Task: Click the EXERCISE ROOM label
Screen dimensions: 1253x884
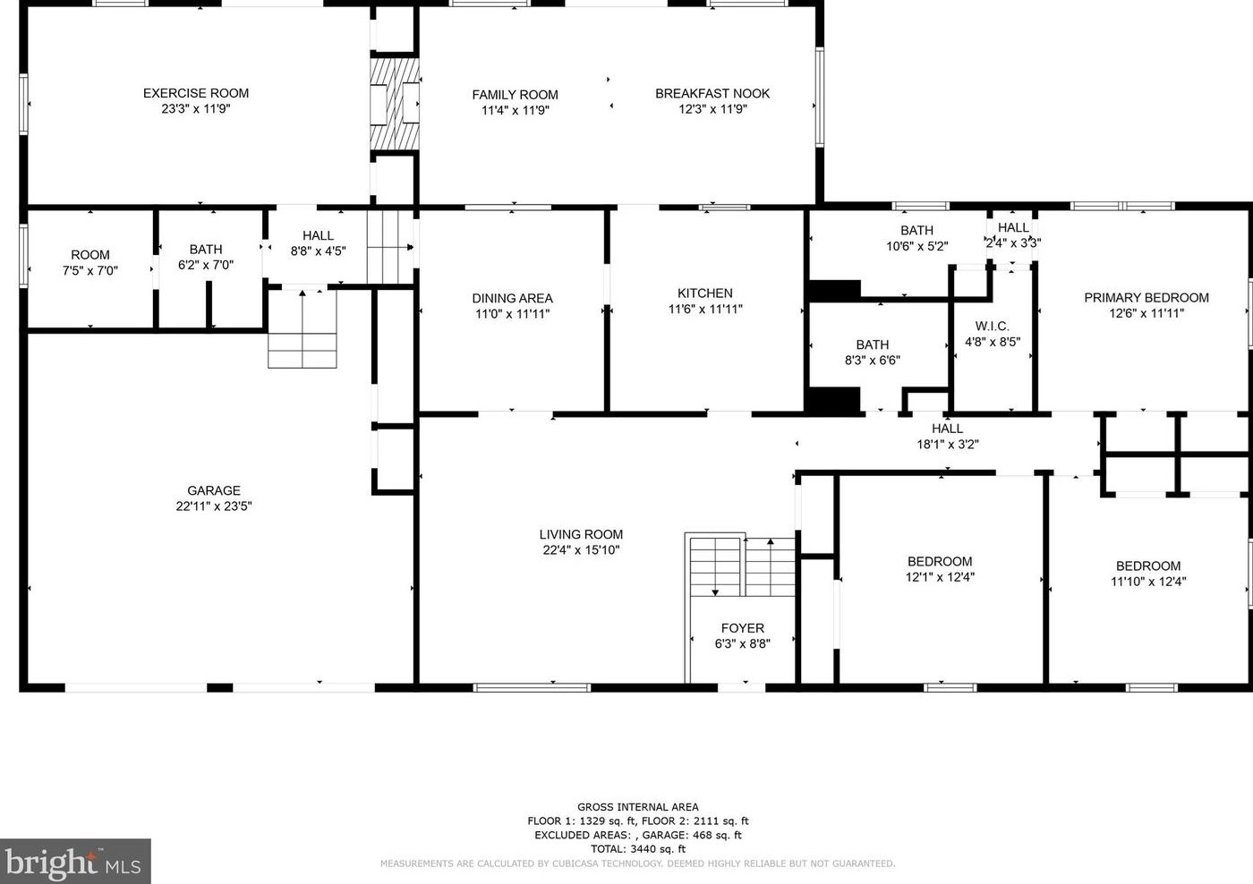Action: point(196,93)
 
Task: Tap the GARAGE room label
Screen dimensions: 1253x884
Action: point(214,490)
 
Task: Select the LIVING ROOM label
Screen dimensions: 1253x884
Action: point(581,534)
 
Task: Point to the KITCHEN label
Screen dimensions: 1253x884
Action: point(705,293)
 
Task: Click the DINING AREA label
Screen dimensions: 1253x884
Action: point(512,298)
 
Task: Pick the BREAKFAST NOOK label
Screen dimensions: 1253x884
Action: point(712,93)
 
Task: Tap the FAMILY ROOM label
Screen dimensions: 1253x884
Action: point(515,95)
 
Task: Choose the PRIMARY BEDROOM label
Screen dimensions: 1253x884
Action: point(1146,297)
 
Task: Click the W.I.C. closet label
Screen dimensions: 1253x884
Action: point(992,326)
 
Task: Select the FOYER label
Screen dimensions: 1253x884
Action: point(742,628)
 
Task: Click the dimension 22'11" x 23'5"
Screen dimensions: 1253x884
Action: point(214,506)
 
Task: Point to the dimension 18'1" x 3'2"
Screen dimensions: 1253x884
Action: point(948,445)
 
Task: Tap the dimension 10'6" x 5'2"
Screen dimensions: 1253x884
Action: point(916,246)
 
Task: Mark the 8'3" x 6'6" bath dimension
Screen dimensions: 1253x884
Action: point(872,360)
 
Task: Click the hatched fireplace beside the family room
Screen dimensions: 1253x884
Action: point(395,104)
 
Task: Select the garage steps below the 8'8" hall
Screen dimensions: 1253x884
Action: point(303,328)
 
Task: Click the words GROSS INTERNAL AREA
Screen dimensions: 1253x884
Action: point(637,807)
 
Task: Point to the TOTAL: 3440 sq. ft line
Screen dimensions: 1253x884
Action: point(637,849)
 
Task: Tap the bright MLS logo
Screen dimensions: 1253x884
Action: point(75,861)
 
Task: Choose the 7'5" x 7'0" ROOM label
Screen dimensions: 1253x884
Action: point(90,263)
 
